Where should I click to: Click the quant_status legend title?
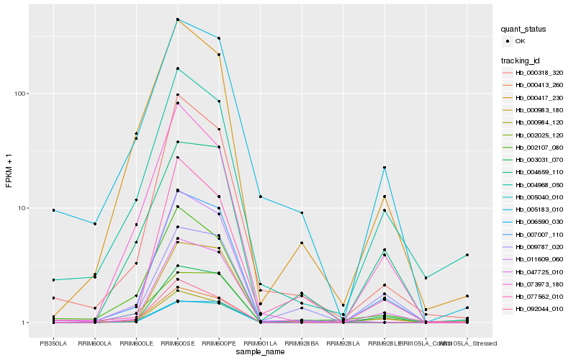[523, 29]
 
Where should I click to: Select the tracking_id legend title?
[521, 60]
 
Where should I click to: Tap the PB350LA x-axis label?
[53, 343]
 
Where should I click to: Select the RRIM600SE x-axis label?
[178, 343]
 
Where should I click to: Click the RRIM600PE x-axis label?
[219, 343]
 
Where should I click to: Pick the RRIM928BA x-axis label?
[302, 343]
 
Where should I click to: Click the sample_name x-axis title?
[260, 353]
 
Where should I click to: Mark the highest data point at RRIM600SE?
[178, 19]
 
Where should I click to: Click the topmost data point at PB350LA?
[53, 210]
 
